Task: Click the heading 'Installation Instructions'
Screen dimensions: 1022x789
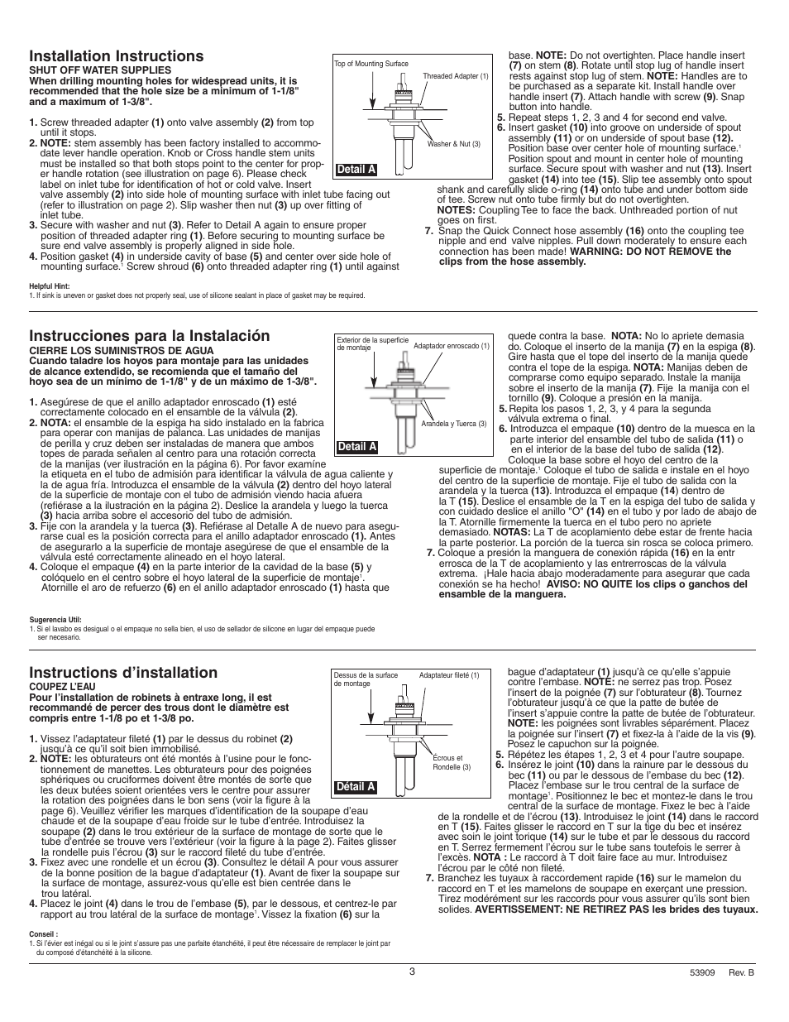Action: pyautogui.click(x=116, y=55)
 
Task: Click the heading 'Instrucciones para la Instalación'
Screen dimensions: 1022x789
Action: pyautogui.click(x=149, y=335)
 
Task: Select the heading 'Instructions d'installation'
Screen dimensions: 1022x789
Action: pyautogui.click(x=123, y=672)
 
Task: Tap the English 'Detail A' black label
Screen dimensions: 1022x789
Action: pyautogui.click(x=356, y=170)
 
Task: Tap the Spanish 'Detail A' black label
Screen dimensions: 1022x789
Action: pyautogui.click(x=356, y=447)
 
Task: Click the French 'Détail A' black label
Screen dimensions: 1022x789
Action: pyautogui.click(x=356, y=787)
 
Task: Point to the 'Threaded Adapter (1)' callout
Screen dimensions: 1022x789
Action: pyautogui.click(x=456, y=76)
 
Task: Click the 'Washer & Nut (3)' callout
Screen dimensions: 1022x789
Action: pyautogui.click(x=453, y=144)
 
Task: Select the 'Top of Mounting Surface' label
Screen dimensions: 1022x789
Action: pyautogui.click(x=371, y=64)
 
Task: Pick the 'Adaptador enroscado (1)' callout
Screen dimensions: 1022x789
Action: pyautogui.click(x=452, y=346)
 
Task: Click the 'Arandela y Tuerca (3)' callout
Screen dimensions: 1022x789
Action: pyautogui.click(x=454, y=424)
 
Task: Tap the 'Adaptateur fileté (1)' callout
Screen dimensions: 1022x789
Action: pyautogui.click(x=449, y=675)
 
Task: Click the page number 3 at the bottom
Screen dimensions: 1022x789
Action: pyautogui.click(x=411, y=971)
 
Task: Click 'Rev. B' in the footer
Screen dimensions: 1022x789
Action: pyautogui.click(x=742, y=974)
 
